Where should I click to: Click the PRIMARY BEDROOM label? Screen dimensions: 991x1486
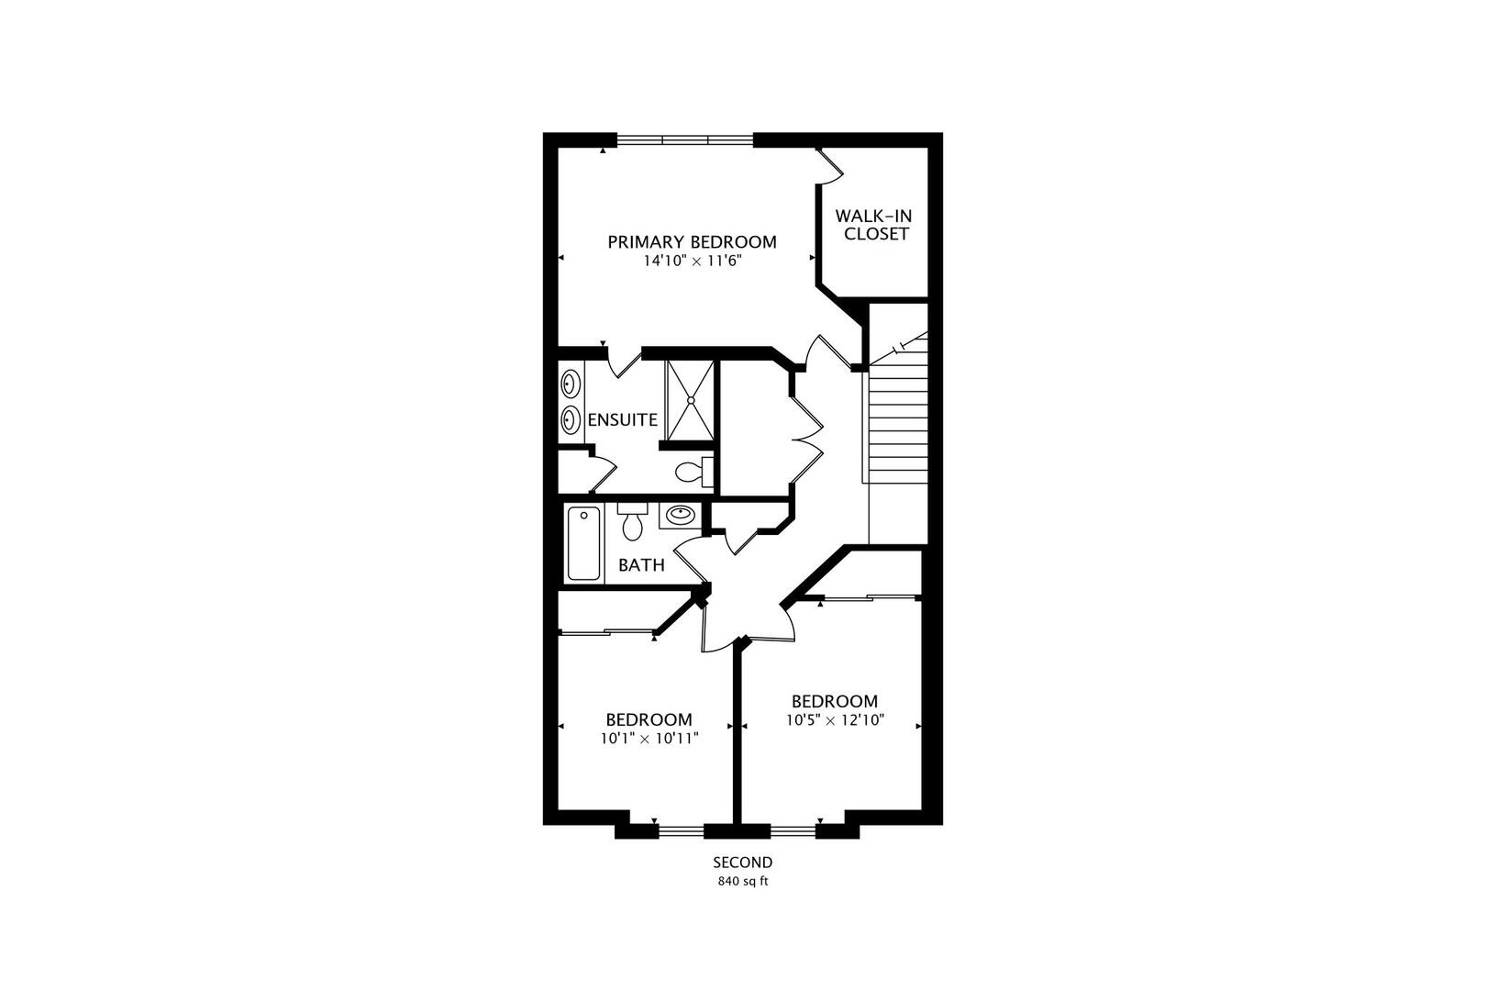[692, 242]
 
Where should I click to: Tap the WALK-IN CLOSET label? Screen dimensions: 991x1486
[873, 225]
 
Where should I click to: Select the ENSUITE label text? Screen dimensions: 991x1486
[622, 420]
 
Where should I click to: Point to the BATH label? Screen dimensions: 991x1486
[641, 565]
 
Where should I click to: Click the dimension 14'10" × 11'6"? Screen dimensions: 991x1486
[692, 262]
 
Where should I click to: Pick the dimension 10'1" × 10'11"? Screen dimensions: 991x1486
[649, 739]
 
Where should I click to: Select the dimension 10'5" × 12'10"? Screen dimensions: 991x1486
[834, 721]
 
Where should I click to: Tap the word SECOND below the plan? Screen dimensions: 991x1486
[743, 863]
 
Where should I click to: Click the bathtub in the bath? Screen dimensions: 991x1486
[583, 543]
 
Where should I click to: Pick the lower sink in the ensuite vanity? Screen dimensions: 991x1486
[571, 420]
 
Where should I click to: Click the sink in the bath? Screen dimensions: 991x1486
[680, 516]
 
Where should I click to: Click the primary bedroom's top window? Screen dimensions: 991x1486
[684, 139]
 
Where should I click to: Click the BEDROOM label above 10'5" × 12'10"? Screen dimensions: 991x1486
[834, 702]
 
